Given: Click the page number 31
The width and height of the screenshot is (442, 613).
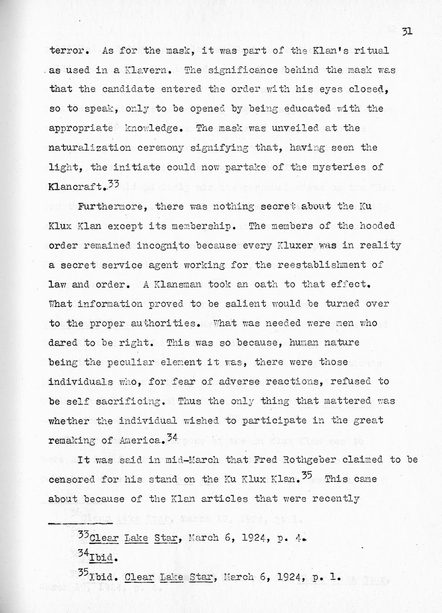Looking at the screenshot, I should pyautogui.click(x=407, y=31).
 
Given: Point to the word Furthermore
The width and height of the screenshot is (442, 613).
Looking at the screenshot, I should pyautogui.click(x=116, y=207).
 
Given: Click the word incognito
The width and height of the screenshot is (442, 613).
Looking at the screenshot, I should pyautogui.click(x=173, y=246).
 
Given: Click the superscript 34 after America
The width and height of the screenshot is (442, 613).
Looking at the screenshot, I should pyautogui.click(x=172, y=438).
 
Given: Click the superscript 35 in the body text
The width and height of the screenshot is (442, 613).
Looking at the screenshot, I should pyautogui.click(x=307, y=476).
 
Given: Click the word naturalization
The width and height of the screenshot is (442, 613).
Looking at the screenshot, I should pyautogui.click(x=89, y=148).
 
